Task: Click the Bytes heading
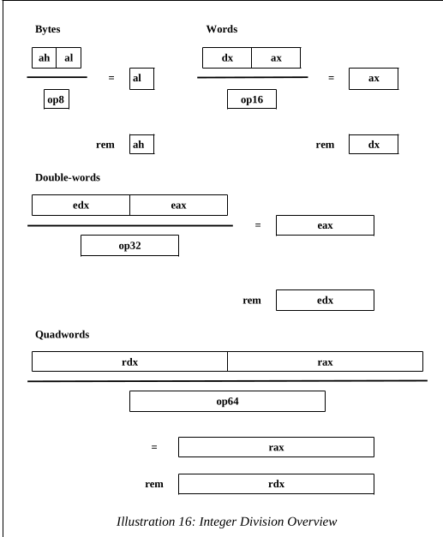tap(48, 29)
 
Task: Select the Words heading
tap(222, 29)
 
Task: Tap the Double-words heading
tap(68, 177)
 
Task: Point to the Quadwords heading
tap(62, 334)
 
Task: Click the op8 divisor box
tap(57, 99)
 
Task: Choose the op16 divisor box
tap(252, 99)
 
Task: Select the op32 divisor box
tap(130, 246)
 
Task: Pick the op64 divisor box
tap(227, 401)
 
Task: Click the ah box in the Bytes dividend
tap(45, 58)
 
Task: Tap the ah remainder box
tap(142, 145)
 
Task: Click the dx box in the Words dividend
tap(227, 58)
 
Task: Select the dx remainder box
tap(374, 145)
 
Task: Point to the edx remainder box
tap(325, 301)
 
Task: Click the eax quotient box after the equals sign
tap(325, 225)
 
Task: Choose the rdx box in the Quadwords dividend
tap(130, 361)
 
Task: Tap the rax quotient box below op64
tap(276, 447)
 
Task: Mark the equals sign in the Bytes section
tap(111, 78)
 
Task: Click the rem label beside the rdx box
tap(154, 484)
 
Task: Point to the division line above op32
tap(130, 226)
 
